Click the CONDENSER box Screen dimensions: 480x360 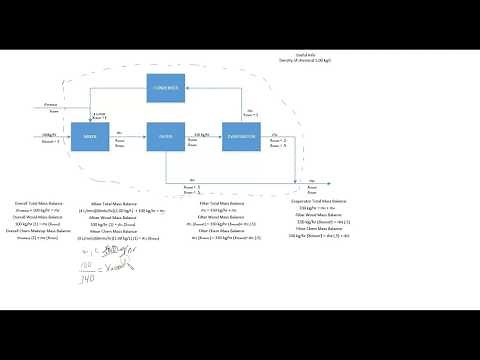pos(166,88)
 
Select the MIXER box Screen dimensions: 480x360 pos(90,135)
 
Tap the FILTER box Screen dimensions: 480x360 pos(166,135)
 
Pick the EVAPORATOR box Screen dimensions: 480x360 pos(245,135)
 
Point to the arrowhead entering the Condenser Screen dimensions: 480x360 pos(189,88)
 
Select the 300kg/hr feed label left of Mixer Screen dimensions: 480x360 pos(48,133)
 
